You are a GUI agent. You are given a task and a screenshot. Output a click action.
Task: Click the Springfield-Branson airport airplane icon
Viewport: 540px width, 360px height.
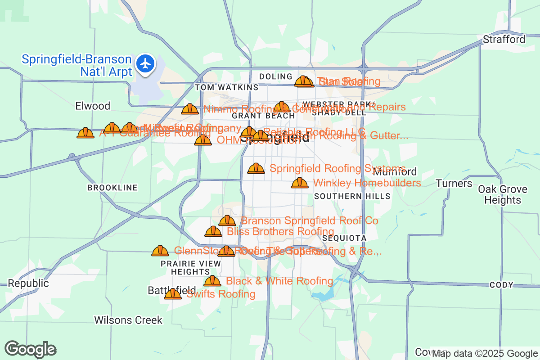click(145, 63)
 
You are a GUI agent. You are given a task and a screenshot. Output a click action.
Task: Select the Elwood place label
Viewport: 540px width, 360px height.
click(93, 106)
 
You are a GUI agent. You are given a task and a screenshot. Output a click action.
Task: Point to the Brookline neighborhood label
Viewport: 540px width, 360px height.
click(112, 188)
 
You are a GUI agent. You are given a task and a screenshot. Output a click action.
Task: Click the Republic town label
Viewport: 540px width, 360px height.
click(28, 283)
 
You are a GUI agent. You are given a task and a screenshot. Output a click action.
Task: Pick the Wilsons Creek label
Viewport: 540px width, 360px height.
click(128, 320)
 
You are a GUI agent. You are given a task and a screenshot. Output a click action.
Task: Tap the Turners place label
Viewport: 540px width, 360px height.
click(454, 184)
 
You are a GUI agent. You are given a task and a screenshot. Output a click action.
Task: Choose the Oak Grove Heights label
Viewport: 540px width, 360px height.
click(499, 194)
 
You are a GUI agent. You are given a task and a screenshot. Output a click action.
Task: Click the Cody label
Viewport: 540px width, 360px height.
click(501, 285)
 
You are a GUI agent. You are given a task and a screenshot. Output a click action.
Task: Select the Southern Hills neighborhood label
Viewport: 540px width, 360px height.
click(352, 196)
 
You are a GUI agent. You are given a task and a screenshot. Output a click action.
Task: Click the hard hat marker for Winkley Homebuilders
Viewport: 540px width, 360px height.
click(300, 183)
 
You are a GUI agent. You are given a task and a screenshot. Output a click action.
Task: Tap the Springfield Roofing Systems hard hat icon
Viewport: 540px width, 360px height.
click(256, 168)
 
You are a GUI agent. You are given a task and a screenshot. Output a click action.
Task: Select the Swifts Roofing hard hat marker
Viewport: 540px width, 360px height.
click(172, 294)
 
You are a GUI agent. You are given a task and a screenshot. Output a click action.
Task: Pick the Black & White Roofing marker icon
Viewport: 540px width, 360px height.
click(212, 281)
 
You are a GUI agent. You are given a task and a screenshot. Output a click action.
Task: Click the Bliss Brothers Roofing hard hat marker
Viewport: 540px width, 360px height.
click(213, 232)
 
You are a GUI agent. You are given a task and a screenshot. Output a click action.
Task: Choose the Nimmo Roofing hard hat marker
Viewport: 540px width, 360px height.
click(190, 109)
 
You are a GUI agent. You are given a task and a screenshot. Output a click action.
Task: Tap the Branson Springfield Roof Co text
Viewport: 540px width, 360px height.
click(310, 221)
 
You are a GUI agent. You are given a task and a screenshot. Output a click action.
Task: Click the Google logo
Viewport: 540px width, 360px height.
click(31, 350)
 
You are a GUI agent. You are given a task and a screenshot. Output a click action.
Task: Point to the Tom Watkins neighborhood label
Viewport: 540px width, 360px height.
click(226, 87)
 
